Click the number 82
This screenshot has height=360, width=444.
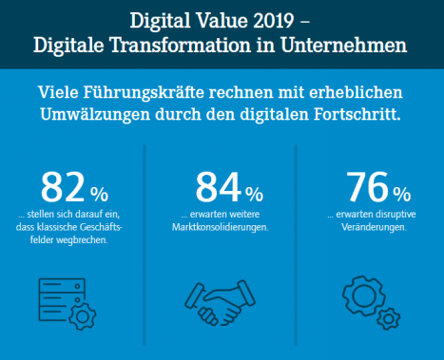63,187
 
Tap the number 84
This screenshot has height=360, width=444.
219,187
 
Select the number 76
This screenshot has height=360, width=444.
368,187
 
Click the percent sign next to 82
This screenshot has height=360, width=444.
99,194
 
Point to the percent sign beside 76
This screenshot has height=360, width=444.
402,194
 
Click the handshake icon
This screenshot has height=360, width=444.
220,303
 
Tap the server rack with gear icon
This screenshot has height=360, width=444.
68,304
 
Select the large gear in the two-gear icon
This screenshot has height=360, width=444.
362,295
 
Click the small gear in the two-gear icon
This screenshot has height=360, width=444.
388,318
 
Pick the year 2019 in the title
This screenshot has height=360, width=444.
274,21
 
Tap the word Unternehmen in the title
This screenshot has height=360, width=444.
343,46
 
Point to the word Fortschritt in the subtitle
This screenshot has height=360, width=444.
357,114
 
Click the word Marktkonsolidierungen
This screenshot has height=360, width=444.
221,227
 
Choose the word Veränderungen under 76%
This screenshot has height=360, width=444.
374,227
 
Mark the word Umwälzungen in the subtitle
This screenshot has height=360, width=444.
95,114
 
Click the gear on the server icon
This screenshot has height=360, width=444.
83,316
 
